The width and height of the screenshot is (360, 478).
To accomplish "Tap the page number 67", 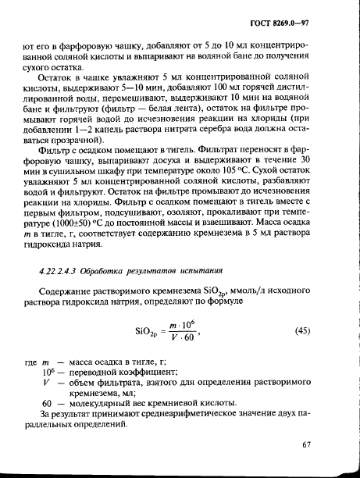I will (327, 445).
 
